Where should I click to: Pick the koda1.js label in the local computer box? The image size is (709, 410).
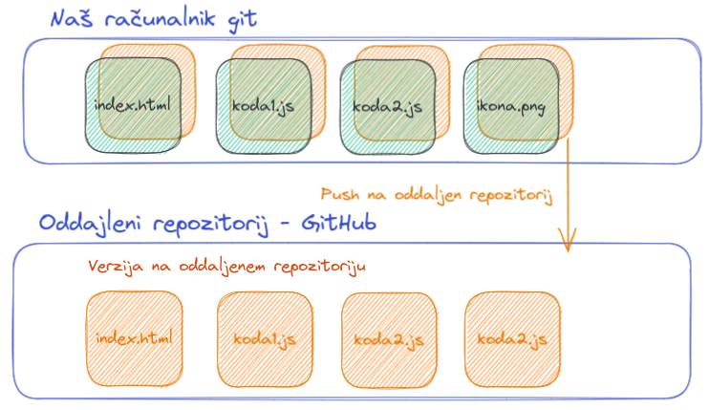click(262, 105)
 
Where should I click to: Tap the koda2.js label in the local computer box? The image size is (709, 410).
click(387, 105)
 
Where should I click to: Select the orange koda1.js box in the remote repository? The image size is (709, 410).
click(262, 338)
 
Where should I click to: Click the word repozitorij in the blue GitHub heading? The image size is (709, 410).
click(219, 225)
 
